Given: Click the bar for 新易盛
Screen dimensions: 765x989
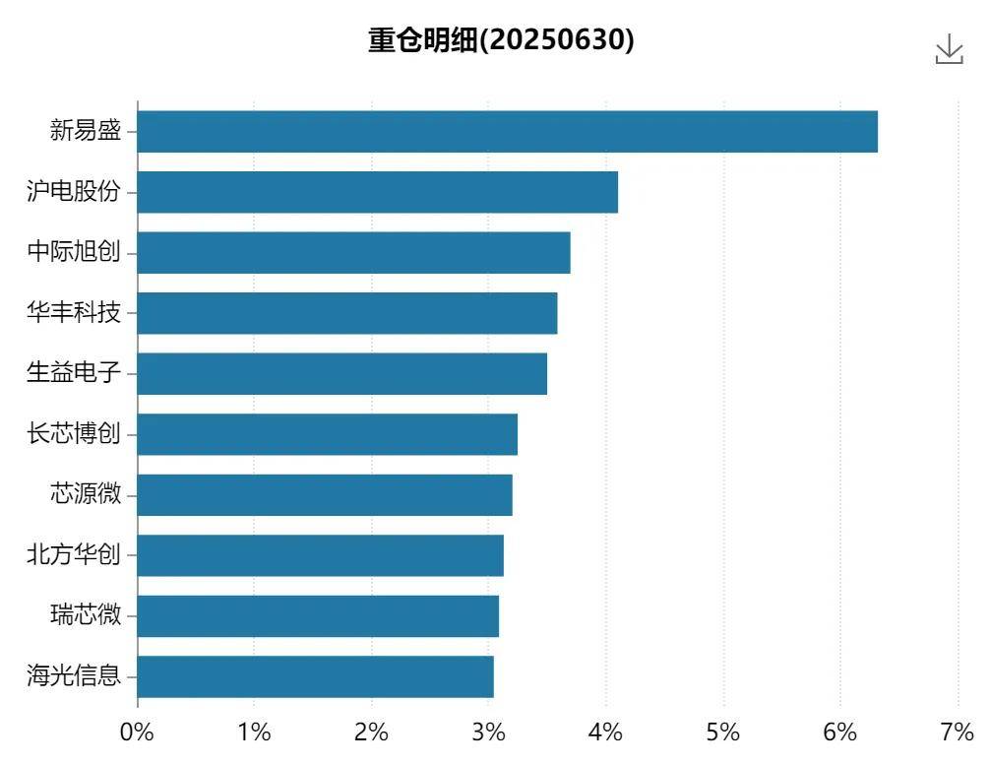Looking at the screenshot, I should tap(507, 132).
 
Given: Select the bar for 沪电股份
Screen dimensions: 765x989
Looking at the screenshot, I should tap(377, 192).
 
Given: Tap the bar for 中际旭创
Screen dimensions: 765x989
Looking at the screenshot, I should tap(353, 253).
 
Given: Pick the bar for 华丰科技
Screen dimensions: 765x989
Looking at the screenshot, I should tap(346, 313).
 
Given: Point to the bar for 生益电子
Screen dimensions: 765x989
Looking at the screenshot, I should tap(341, 374).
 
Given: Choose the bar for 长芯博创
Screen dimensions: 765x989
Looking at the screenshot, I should tap(327, 434).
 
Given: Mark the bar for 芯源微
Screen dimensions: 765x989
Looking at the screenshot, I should tap(325, 495).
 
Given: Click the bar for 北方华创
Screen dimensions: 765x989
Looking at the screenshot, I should tap(320, 555).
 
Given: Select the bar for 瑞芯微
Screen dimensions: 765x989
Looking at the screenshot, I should tap(318, 616).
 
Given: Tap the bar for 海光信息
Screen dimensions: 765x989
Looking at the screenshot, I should tap(315, 676).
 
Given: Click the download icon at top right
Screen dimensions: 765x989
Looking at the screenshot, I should tap(949, 49).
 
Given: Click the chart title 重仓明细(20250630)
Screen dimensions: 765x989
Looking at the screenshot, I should tap(501, 40).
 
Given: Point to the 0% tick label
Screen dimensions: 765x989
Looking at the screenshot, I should tap(137, 733).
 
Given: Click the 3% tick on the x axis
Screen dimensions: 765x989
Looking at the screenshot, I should tap(488, 733).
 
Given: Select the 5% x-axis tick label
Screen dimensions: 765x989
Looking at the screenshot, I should tap(722, 733).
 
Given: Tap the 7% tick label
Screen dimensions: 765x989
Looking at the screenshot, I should tap(957, 733).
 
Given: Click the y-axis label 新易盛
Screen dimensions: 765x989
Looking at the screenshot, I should tap(86, 131).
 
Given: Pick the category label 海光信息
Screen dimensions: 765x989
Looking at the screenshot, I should tap(74, 676).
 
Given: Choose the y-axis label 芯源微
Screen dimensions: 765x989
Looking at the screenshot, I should tap(86, 494).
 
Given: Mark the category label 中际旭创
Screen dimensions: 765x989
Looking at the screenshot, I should tap(74, 252).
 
